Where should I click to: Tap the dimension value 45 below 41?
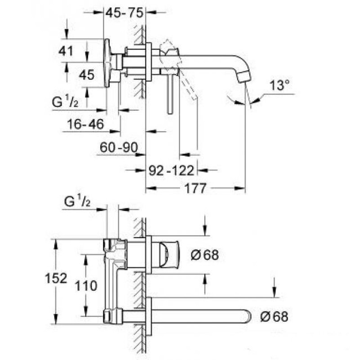pyautogui.click(x=86, y=75)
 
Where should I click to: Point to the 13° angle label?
pyautogui.click(x=279, y=85)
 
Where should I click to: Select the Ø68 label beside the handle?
pyautogui.click(x=204, y=255)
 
